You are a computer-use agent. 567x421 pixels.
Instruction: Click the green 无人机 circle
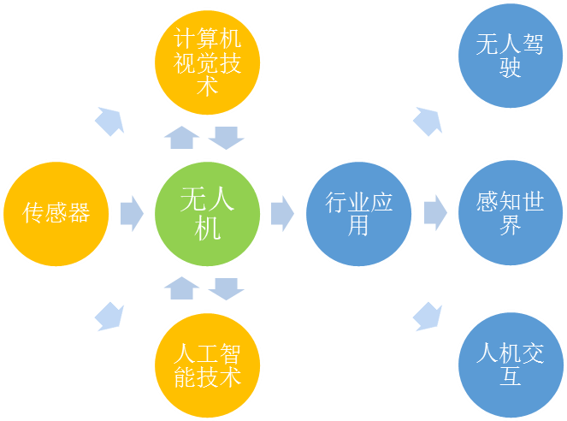pos(208,213)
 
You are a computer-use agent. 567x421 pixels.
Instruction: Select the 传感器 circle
pos(56,213)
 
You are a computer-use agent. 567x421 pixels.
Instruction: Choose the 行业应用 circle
pos(359,213)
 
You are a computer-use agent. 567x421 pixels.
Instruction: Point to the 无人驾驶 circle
pos(510,56)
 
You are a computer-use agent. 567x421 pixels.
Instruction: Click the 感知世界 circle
pos(510,213)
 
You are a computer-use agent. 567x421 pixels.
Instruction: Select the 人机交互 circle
pos(510,365)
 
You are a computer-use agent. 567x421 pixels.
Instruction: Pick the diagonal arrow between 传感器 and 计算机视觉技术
pos(109,122)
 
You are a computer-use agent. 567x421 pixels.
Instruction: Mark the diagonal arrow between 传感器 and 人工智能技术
pos(109,315)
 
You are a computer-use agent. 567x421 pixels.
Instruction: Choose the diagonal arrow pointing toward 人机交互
pos(428,315)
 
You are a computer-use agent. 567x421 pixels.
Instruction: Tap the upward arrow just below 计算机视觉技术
pos(180,136)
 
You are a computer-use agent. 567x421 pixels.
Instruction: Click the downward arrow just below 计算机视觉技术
pos(227,136)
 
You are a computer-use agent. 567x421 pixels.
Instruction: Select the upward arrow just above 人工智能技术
pos(180,288)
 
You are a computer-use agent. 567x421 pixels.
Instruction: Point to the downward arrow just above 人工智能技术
pos(227,288)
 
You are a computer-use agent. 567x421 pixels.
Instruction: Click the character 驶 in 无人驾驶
pos(510,68)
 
